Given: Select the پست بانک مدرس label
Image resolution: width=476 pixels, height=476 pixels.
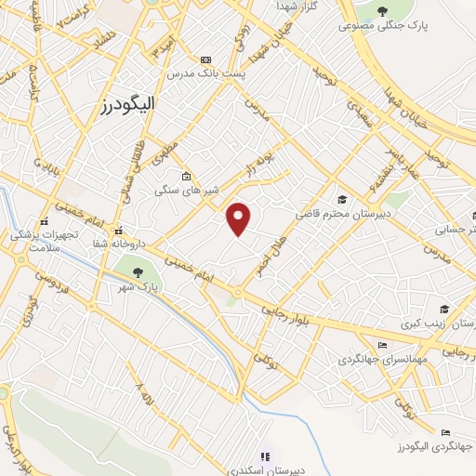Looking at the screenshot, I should (x=205, y=73).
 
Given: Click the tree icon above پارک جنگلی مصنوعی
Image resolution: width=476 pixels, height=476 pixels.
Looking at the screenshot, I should (x=386, y=11).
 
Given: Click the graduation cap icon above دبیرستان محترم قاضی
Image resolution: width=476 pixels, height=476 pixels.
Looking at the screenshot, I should (x=343, y=199).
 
